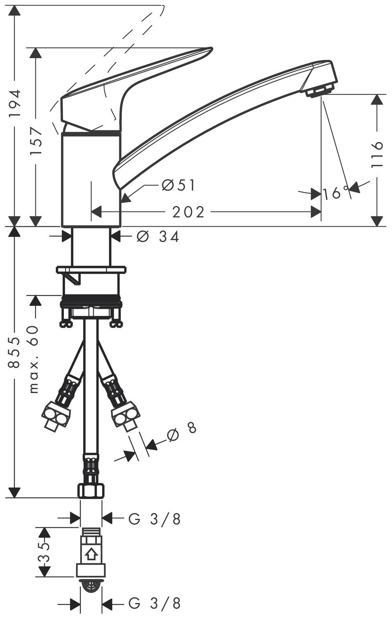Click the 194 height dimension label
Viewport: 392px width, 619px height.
pyautogui.click(x=15, y=103)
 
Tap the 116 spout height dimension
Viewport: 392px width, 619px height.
pyautogui.click(x=377, y=154)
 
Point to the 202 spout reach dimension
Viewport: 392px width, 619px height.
pyautogui.click(x=188, y=212)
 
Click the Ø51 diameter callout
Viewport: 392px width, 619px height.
pyautogui.click(x=178, y=185)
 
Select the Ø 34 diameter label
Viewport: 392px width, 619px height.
pyautogui.click(x=158, y=236)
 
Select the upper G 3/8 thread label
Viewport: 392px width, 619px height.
pyautogui.click(x=155, y=519)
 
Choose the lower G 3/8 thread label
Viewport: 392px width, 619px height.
pyautogui.click(x=155, y=603)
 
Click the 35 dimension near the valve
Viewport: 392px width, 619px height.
pyautogui.click(x=44, y=552)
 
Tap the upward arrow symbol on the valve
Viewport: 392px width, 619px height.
pyautogui.click(x=91, y=554)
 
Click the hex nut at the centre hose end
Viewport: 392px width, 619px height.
pyautogui.click(x=91, y=489)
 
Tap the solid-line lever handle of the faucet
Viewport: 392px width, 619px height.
pyautogui.click(x=122, y=81)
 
